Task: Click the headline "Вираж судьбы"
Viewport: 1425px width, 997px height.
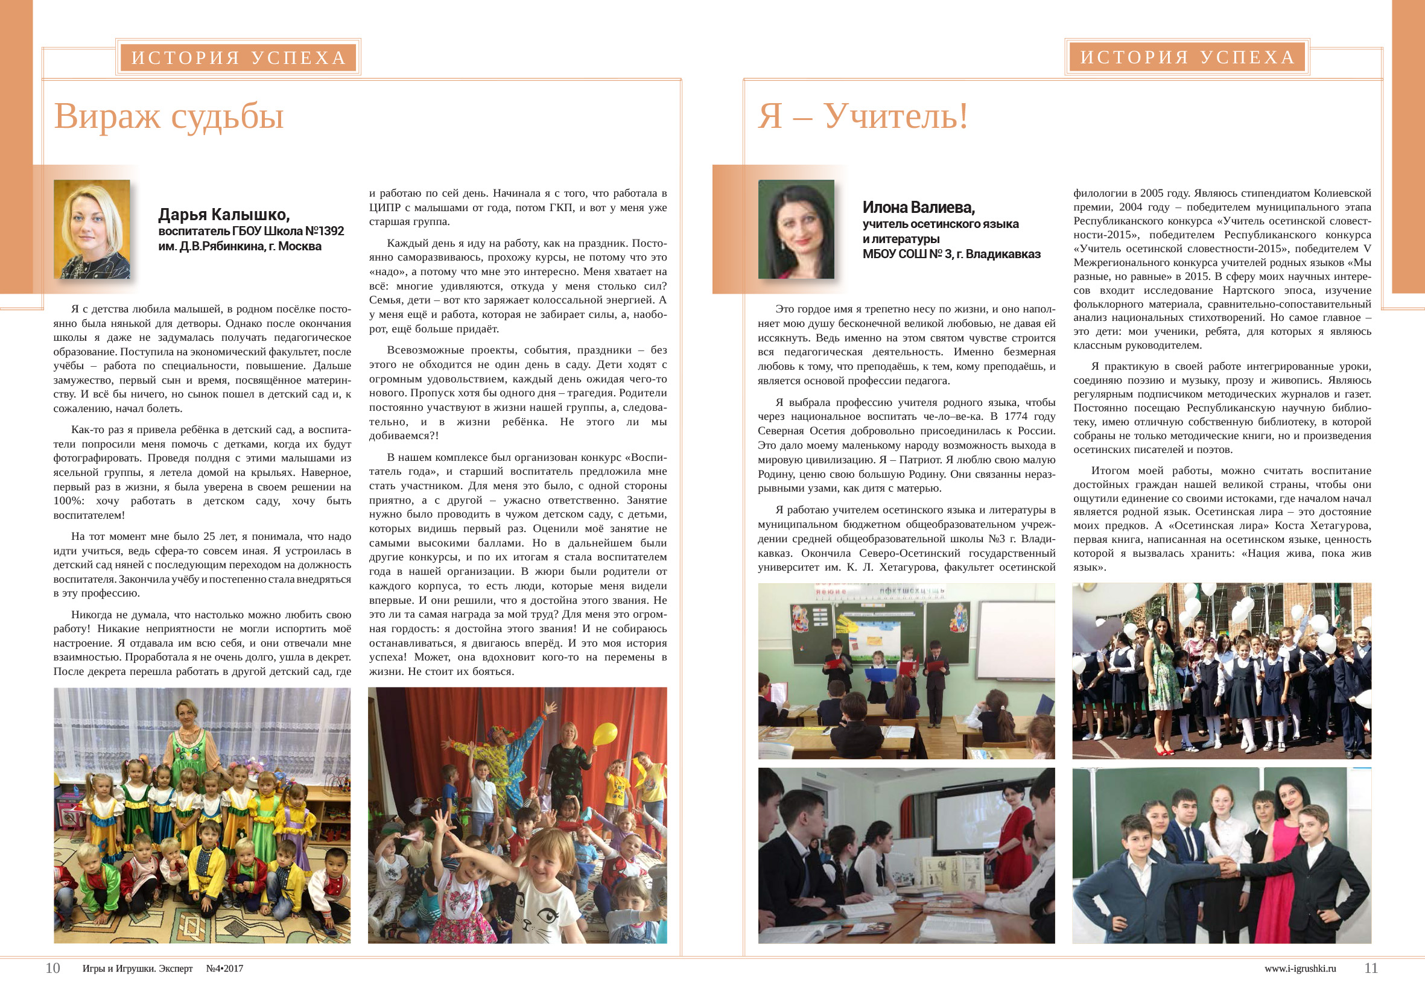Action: point(169,116)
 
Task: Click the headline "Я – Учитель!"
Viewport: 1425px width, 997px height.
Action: point(863,116)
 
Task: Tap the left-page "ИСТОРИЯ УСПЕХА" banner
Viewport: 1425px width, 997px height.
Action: point(238,58)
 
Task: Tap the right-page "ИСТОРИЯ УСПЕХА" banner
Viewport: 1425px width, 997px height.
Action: point(1187,57)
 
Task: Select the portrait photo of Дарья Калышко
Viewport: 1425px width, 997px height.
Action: point(92,229)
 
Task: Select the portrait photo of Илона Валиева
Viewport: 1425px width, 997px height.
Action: point(796,229)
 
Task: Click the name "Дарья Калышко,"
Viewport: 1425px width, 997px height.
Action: point(224,215)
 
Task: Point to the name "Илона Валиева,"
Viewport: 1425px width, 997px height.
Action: point(919,207)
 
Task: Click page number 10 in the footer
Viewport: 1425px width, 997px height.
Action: point(52,968)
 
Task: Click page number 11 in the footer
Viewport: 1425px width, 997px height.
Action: point(1370,968)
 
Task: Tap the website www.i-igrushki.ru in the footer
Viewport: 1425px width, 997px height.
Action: point(1300,969)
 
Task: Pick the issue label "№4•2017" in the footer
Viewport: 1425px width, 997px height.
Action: point(224,969)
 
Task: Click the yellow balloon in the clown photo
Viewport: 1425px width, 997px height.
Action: point(605,735)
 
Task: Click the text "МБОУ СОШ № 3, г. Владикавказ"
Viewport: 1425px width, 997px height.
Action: point(951,255)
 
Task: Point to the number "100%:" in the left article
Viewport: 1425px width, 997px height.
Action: point(69,501)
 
